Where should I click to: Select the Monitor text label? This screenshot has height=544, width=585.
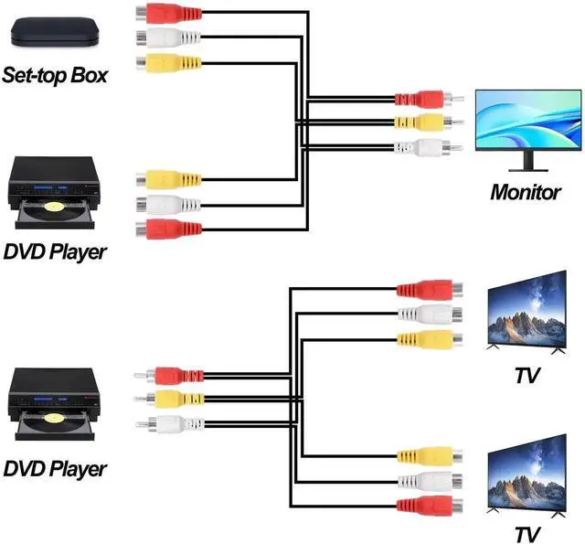point(525,192)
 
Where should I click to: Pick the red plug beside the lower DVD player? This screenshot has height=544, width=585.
point(174,374)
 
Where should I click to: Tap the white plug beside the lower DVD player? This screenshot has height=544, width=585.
point(174,423)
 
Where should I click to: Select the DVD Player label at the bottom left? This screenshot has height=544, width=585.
point(55,470)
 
